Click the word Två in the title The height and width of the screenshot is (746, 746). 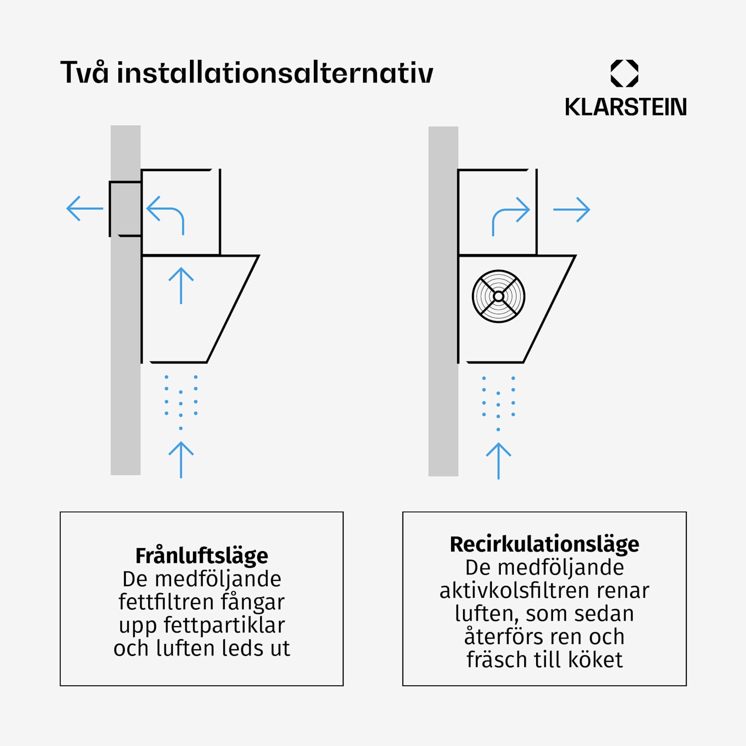pyautogui.click(x=84, y=72)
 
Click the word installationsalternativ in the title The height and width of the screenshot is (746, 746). pyautogui.click(x=275, y=72)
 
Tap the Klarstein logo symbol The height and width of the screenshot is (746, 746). pyautogui.click(x=624, y=74)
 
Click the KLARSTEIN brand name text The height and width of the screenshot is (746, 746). pyautogui.click(x=625, y=107)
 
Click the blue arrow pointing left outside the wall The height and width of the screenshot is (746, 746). pyautogui.click(x=85, y=208)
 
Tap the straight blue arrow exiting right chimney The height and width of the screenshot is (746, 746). pyautogui.click(x=571, y=210)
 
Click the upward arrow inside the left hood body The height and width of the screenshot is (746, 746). pyautogui.click(x=181, y=286)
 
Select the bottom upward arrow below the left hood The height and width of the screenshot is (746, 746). pyautogui.click(x=181, y=460)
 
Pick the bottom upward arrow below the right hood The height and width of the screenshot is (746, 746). pyautogui.click(x=498, y=461)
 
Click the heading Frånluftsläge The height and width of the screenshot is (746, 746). pyautogui.click(x=201, y=556)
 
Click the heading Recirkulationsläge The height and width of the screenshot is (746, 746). pyautogui.click(x=545, y=545)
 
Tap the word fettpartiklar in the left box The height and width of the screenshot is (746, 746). pyautogui.click(x=224, y=625)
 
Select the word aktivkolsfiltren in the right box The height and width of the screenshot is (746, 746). pyautogui.click(x=515, y=590)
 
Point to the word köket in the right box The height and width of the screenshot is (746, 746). pyautogui.click(x=595, y=660)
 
